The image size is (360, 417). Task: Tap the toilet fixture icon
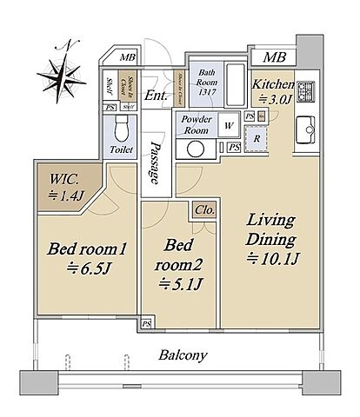click(x=118, y=131)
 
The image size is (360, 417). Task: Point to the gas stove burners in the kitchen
click(x=307, y=91)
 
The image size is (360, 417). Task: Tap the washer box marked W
click(x=229, y=125)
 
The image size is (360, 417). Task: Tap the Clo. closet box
click(x=205, y=211)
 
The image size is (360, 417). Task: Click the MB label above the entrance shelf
click(x=127, y=58)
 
